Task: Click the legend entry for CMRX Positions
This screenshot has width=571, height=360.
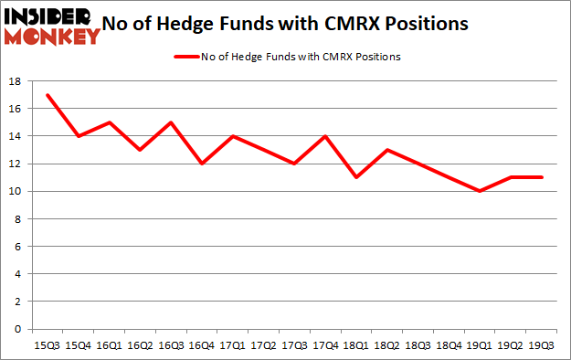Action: click(288, 57)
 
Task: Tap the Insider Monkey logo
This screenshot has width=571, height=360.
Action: click(51, 25)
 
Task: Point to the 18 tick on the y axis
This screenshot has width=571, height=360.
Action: click(15, 81)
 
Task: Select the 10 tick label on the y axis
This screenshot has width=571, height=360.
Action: click(15, 191)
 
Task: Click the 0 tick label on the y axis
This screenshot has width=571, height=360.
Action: click(18, 328)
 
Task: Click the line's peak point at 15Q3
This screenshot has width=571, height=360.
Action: click(47, 95)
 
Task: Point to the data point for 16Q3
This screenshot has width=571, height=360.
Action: click(172, 122)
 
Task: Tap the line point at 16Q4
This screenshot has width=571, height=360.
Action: click(203, 164)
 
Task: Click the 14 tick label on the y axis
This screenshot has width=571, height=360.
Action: click(15, 136)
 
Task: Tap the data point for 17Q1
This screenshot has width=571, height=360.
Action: click(234, 136)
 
